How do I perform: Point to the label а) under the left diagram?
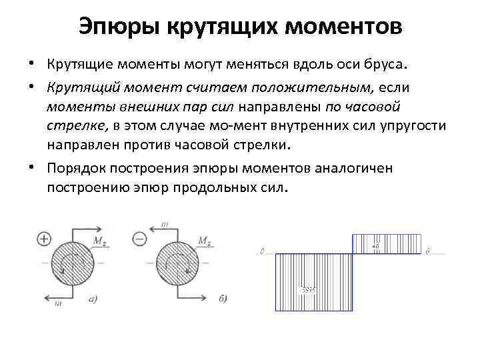pyautogui.click(x=93, y=299)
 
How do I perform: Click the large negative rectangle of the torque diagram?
pyautogui.click(x=312, y=282)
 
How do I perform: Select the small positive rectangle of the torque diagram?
pyautogui.click(x=386, y=243)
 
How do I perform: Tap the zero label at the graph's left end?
pyautogui.click(x=262, y=251)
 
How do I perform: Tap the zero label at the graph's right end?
pyautogui.click(x=427, y=251)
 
